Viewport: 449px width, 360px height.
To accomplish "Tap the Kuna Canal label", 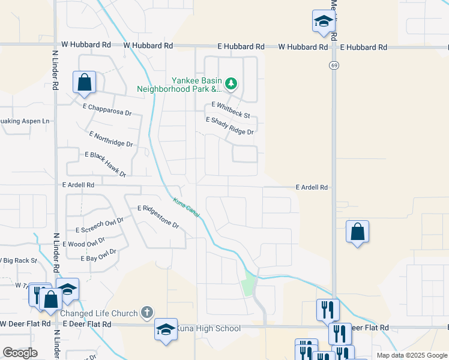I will click(x=185, y=208).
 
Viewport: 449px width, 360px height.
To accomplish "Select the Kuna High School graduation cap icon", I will click(x=166, y=329).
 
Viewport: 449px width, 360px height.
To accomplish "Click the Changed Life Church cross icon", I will click(x=146, y=312).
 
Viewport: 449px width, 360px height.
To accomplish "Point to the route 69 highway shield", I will click(x=333, y=64).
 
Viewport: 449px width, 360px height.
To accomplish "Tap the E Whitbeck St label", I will click(x=231, y=110).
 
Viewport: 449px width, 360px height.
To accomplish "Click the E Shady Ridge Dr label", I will click(x=229, y=126).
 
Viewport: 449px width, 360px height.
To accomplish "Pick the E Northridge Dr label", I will click(x=110, y=139).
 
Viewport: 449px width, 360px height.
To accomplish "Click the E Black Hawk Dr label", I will click(x=106, y=164).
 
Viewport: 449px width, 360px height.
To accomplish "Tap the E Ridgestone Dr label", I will click(x=158, y=217).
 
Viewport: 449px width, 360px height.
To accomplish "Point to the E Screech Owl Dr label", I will click(x=99, y=225).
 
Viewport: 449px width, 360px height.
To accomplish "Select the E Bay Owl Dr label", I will click(x=98, y=255).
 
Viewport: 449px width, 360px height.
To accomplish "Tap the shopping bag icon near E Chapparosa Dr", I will click(x=85, y=82).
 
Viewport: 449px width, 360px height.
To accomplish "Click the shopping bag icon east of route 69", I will click(x=357, y=232).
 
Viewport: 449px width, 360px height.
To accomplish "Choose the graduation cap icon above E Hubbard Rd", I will click(x=324, y=22).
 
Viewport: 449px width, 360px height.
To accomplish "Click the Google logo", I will click(x=20, y=353).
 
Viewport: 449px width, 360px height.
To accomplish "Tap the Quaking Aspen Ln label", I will click(x=25, y=121).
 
